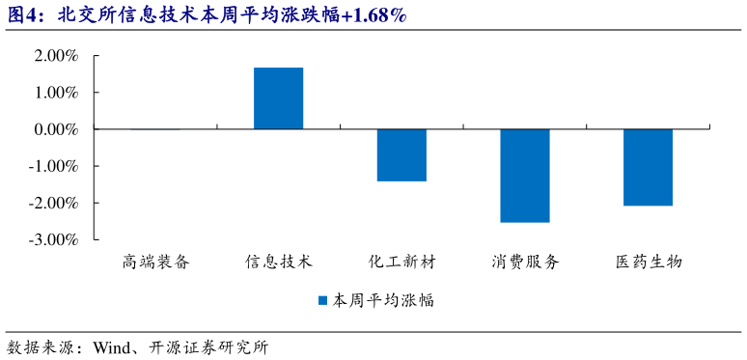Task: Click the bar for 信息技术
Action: coord(278,98)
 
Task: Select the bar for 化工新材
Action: coord(401,154)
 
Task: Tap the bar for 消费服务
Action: coord(524,176)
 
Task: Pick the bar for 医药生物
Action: coord(648,167)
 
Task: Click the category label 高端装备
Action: coord(155,262)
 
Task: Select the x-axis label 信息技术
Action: coord(278,262)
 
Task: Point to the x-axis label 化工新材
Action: coord(401,262)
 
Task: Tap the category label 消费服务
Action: coord(524,262)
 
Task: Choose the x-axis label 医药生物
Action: coord(648,262)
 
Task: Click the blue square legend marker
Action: coord(323,300)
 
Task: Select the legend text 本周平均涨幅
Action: coord(383,300)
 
